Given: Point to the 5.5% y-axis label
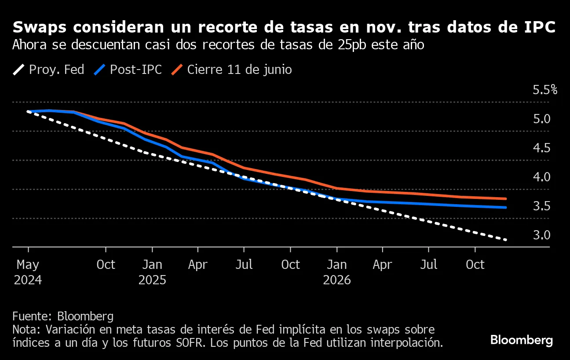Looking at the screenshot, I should (545, 90).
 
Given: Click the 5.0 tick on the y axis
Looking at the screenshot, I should (542, 119).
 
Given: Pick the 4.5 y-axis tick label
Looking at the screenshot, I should (542, 148).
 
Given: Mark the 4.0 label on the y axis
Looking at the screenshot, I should (542, 177).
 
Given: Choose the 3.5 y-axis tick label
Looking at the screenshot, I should (542, 206).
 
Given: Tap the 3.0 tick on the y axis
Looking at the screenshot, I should (542, 235).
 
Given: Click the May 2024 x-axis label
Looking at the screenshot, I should (28, 272).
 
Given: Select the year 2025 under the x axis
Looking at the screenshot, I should (152, 280).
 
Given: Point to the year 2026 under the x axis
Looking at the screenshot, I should (337, 280).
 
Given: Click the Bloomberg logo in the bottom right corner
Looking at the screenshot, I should (521, 340).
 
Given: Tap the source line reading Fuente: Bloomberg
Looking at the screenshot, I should (63, 316).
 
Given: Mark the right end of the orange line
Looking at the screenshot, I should (506, 199).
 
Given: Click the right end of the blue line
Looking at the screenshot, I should (506, 207).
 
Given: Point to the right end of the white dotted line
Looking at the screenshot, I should (506, 240).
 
